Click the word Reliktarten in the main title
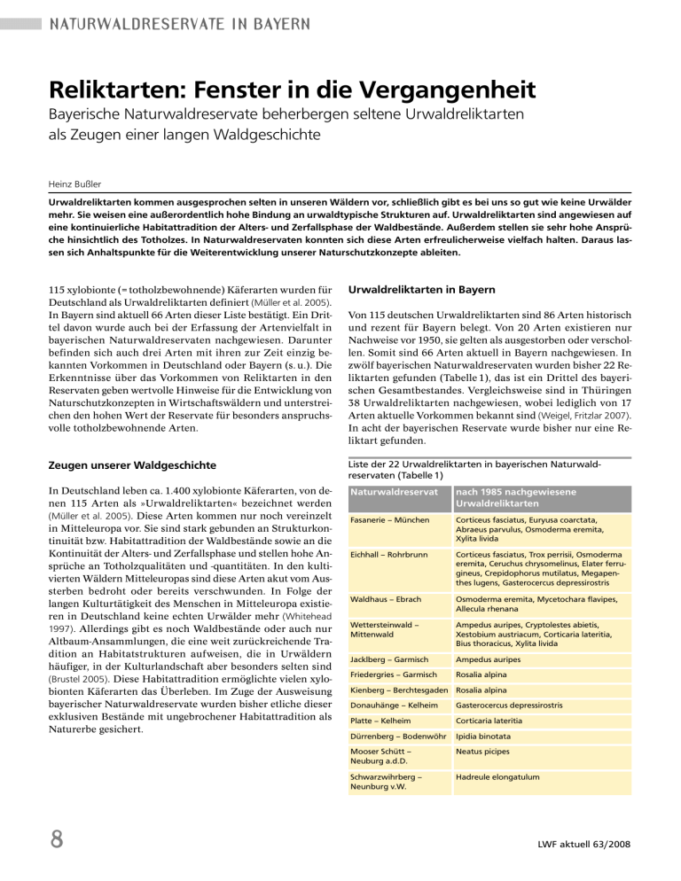coord(120,91)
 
